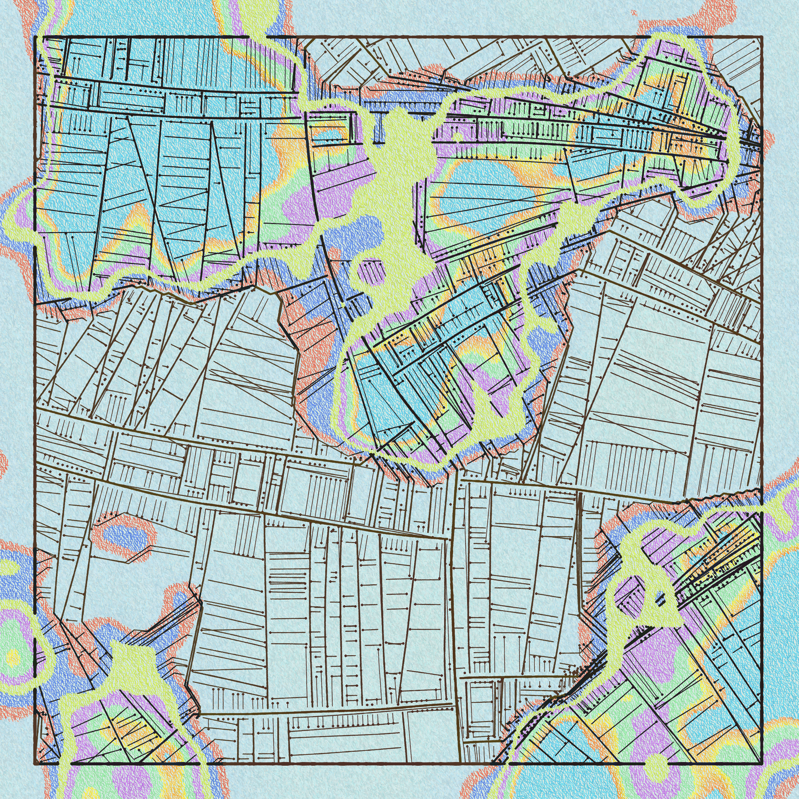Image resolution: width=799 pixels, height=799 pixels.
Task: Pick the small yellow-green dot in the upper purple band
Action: [x=458, y=136]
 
